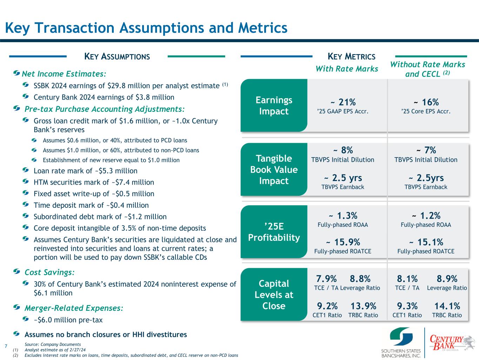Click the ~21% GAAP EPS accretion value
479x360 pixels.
coord(343,102)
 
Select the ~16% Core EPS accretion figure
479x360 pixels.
coord(426,102)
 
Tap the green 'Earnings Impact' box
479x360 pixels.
coord(274,105)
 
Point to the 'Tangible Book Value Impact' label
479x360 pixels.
coord(274,169)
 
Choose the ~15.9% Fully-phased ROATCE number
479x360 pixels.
coord(343,242)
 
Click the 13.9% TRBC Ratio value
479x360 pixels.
coord(363,306)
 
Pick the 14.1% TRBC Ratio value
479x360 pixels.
coord(447,306)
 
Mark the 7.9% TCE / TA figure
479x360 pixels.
coord(326,279)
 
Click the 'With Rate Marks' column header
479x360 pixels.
coord(347,69)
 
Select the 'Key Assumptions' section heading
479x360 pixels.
coord(117,56)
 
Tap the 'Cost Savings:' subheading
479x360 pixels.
coord(49,272)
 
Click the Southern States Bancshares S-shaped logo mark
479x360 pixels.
coord(401,336)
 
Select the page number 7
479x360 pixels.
coord(6,346)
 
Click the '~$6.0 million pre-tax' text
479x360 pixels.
coord(68,320)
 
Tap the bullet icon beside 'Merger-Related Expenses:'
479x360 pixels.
coord(16,307)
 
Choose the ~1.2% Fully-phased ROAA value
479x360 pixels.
coord(426,216)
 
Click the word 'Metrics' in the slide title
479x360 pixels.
coord(263,28)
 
